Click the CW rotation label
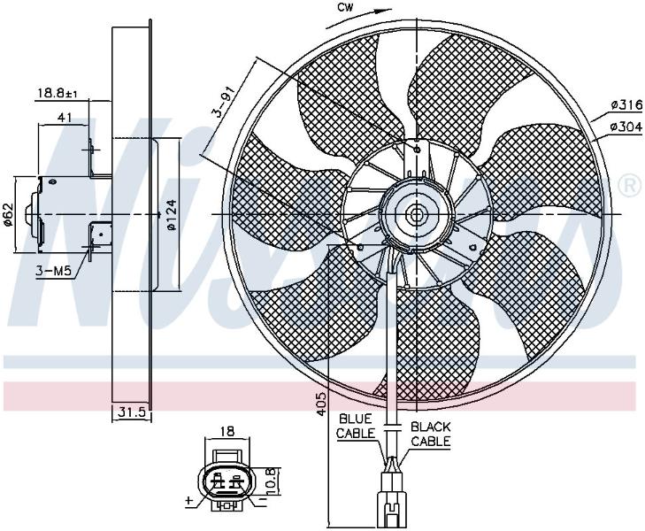346,7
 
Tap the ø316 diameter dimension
626,105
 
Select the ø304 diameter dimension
626,127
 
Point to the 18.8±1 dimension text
58,93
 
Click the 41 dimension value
65,118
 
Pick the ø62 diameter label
8,214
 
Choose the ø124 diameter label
172,215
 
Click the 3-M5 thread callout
53,271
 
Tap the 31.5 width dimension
132,412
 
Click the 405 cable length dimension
322,403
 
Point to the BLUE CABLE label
355,426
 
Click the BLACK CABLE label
431,435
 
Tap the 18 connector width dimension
227,431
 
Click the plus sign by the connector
188,501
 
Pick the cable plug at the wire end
392,499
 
